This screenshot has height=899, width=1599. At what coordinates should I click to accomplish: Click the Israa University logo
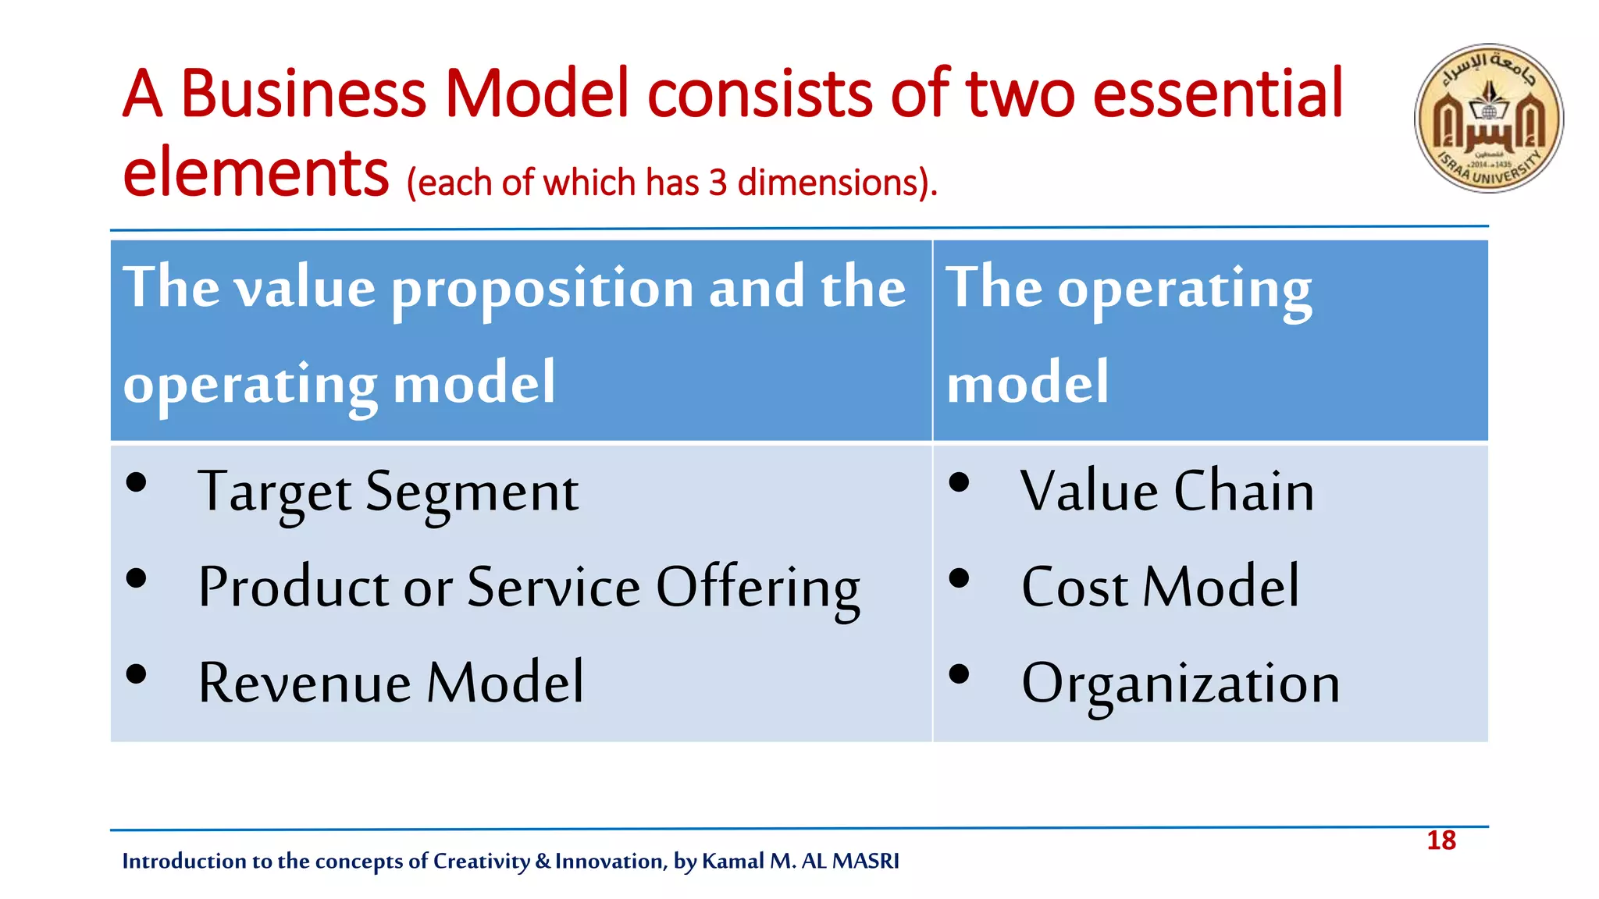[x=1488, y=118]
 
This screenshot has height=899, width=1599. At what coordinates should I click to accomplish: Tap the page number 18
[x=1441, y=840]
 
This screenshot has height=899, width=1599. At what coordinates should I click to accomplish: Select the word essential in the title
[x=1217, y=94]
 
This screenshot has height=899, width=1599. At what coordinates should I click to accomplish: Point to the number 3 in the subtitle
[x=718, y=183]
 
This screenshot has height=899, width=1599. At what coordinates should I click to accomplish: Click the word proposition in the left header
[x=542, y=288]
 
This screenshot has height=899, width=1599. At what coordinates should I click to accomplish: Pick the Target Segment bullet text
[x=388, y=492]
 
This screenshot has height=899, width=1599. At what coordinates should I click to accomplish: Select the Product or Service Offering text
[x=529, y=588]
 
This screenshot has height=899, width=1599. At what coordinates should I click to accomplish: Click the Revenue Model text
[x=390, y=683]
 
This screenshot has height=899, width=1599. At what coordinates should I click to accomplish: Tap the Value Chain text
[x=1166, y=492]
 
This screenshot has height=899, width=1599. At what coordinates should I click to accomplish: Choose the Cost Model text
[x=1160, y=588]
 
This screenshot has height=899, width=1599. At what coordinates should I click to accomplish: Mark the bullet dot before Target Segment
[x=136, y=482]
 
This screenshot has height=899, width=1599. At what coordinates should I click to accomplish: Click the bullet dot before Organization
[x=959, y=673]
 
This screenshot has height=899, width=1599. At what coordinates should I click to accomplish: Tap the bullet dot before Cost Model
[x=959, y=578]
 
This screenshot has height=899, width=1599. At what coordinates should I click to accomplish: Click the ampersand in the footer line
[x=543, y=861]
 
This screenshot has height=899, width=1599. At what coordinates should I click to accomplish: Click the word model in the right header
[x=1027, y=382]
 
